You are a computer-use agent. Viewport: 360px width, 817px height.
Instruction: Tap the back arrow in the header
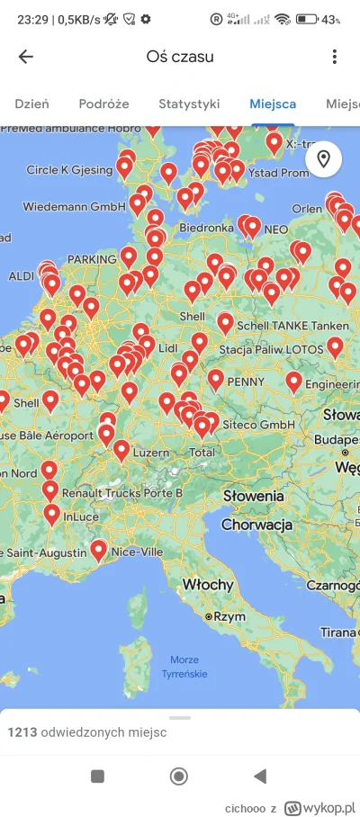coord(26,57)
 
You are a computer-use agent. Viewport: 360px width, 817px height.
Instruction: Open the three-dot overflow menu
coord(334,57)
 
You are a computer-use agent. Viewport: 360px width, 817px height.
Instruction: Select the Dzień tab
coord(31,104)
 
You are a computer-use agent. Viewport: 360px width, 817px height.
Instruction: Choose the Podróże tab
coord(103,104)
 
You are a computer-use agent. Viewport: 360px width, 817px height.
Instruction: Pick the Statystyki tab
coord(189,104)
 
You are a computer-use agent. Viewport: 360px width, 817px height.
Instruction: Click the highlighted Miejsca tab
coord(274,104)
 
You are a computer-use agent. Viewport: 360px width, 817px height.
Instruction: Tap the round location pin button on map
coord(323,159)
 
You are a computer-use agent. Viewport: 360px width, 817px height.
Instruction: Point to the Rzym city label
coord(229,616)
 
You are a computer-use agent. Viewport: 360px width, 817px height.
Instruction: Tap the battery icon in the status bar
coord(307,19)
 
